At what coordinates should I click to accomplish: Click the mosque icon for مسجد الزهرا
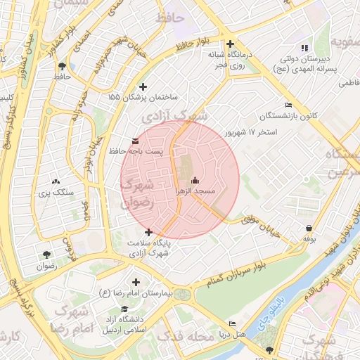coord(194,181)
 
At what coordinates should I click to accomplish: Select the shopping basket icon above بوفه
coord(309,228)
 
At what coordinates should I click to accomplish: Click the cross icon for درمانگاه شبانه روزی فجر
coord(230,43)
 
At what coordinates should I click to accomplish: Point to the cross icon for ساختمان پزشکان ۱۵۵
coord(144,86)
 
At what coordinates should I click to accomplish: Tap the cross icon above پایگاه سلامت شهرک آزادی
coord(148,231)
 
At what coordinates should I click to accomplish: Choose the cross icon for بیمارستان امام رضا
coord(136,282)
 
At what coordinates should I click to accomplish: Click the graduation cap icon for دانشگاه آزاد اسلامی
coord(125,309)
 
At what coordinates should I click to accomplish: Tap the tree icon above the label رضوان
coord(46,255)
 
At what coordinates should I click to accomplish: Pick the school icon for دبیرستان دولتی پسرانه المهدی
coord(304,47)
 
